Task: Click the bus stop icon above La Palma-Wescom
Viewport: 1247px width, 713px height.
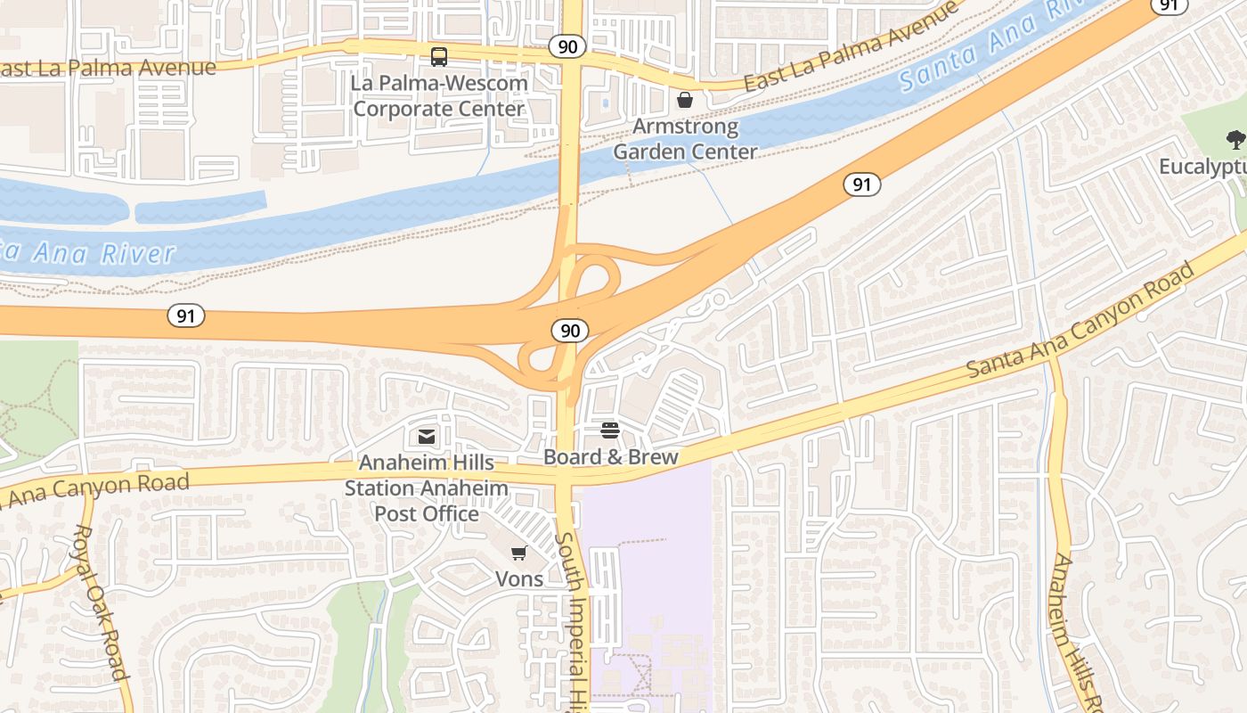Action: pos(439,57)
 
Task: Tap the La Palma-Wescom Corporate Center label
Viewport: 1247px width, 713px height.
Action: pos(439,96)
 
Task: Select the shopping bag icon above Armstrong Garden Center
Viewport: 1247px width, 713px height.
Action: pos(685,100)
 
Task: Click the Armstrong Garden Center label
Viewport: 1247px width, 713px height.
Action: pos(685,139)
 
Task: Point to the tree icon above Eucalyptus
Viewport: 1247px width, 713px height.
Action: pos(1235,139)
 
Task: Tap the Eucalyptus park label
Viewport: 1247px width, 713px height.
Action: pos(1202,167)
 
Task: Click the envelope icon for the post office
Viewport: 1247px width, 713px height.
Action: pos(426,437)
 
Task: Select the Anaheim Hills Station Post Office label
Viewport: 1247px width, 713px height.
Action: pos(427,488)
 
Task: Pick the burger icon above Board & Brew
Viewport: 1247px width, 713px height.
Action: pos(610,431)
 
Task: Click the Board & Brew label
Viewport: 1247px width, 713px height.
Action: pos(611,457)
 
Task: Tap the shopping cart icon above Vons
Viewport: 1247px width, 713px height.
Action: pos(519,553)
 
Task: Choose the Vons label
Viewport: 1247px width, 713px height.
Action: pos(519,578)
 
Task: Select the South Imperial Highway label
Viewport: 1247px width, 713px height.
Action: pos(571,624)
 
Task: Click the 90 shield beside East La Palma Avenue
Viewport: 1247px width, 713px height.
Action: pos(566,46)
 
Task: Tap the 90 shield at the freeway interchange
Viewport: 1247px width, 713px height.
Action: pos(570,331)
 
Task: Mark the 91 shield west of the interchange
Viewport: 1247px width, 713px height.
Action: pos(186,316)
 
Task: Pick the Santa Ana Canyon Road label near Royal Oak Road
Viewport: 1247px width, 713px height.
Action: pos(98,489)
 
